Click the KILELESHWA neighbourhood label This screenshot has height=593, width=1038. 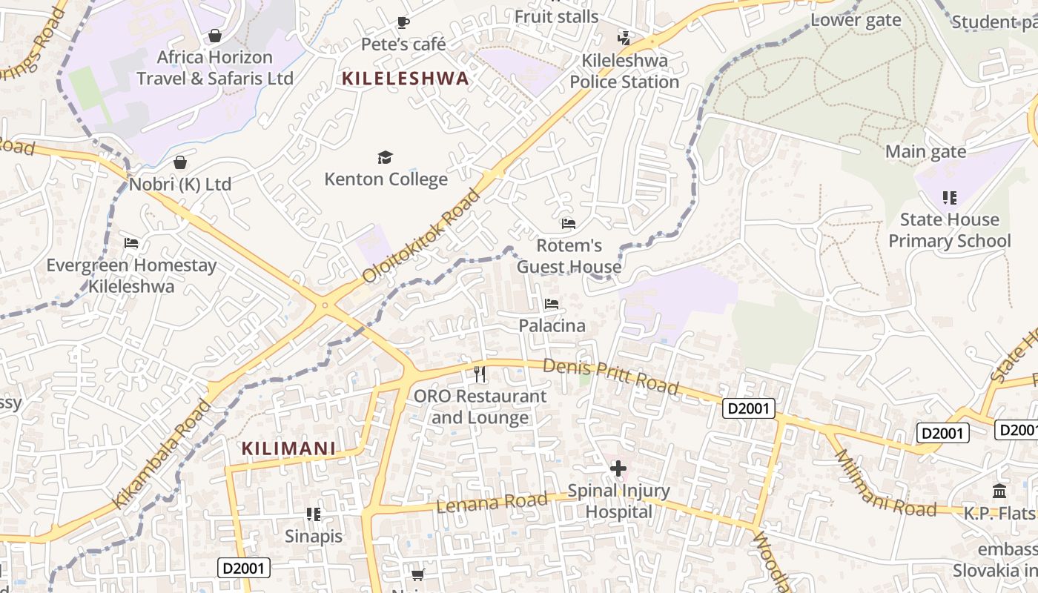(x=406, y=78)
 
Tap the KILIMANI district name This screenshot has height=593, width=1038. (x=288, y=448)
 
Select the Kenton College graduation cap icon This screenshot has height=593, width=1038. (x=385, y=157)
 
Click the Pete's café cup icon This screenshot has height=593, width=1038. (x=403, y=23)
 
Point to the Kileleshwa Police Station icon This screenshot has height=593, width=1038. (x=624, y=38)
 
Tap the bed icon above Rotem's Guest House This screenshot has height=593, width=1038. (x=569, y=223)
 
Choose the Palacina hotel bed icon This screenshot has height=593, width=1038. (x=551, y=304)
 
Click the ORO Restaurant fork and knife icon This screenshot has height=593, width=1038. (x=480, y=374)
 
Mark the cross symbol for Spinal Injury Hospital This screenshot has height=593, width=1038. (x=618, y=468)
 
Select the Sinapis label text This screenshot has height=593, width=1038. (x=314, y=536)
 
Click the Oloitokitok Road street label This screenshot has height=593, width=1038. (x=422, y=236)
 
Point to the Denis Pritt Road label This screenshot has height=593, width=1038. (x=610, y=377)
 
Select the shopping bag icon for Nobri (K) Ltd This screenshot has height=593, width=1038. (x=179, y=162)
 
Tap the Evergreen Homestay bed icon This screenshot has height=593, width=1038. (x=131, y=243)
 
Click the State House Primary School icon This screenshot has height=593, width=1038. (x=949, y=198)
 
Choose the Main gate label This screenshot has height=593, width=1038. (x=926, y=152)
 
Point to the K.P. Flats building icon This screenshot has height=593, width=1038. (x=999, y=491)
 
